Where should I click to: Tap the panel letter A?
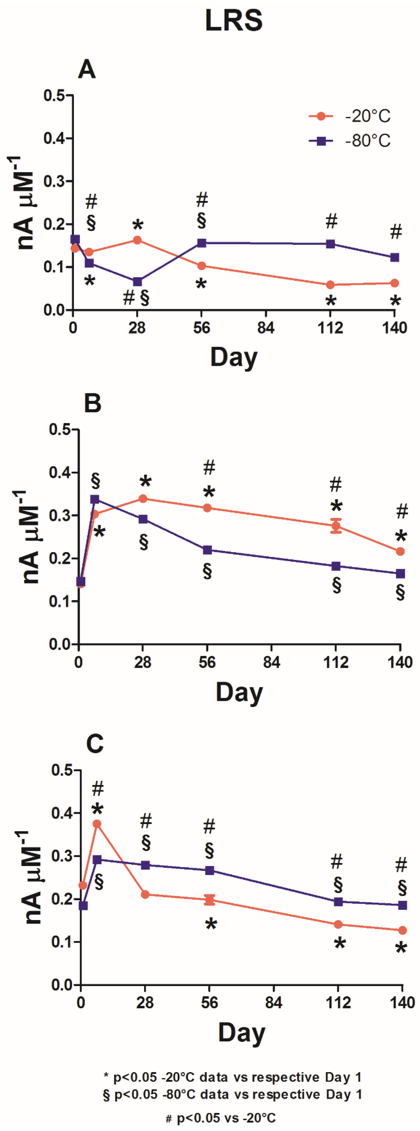point(87,69)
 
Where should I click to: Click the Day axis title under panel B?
point(239,692)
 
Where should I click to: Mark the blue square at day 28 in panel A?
point(137,281)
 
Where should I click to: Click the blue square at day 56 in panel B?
point(207,550)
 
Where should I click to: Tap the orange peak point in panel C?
point(97,824)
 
